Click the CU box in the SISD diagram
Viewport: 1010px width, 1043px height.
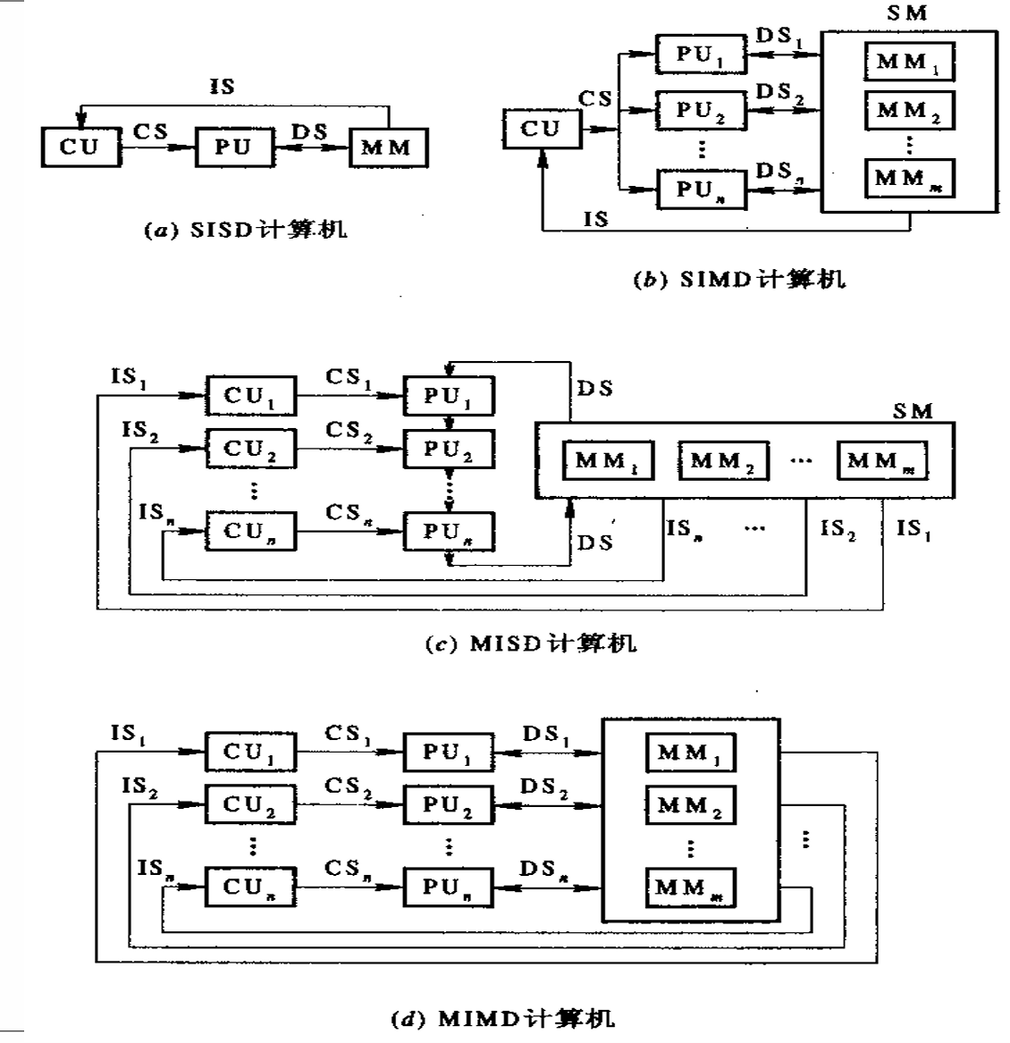click(80, 147)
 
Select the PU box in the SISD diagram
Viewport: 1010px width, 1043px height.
click(232, 147)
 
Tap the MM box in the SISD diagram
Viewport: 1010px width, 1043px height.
click(387, 148)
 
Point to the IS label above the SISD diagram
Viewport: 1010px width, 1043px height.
click(222, 87)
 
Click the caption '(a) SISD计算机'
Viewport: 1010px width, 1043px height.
click(246, 231)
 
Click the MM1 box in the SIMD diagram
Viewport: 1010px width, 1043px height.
click(908, 62)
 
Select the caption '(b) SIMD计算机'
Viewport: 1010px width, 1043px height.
click(738, 280)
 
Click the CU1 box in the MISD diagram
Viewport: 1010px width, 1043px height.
click(250, 397)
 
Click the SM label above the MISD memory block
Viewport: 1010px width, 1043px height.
click(912, 411)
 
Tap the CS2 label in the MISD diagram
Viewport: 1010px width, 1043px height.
click(349, 430)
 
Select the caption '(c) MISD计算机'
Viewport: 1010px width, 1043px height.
click(530, 643)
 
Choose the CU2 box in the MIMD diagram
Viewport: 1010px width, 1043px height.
click(250, 804)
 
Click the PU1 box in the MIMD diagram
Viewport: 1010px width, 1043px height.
click(448, 753)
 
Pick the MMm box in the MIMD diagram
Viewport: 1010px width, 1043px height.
click(689, 887)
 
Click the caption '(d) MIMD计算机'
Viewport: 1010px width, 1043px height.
click(505, 1019)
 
